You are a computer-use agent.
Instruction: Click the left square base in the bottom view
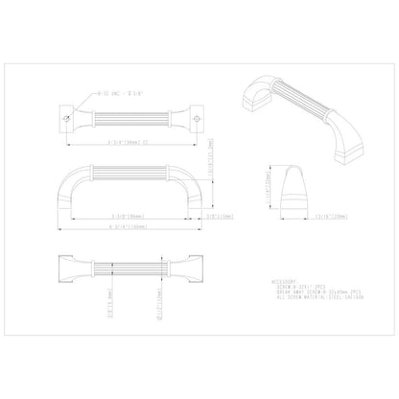[70, 262]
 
